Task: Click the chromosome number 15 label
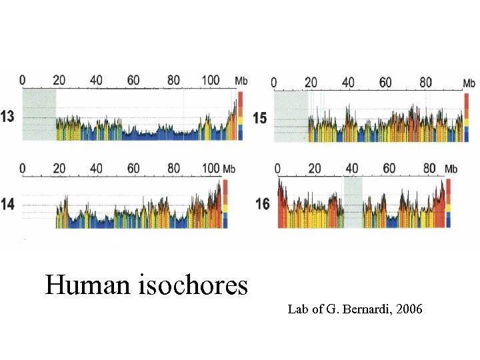pyautogui.click(x=260, y=118)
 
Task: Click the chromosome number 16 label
pyautogui.click(x=263, y=203)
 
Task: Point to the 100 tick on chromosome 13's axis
pyautogui.click(x=210, y=80)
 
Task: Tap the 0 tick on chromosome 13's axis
pyautogui.click(x=23, y=80)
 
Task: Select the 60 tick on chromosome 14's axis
pyautogui.click(x=134, y=168)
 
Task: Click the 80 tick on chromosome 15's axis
pyautogui.click(x=425, y=83)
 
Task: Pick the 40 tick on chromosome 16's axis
pyautogui.click(x=351, y=168)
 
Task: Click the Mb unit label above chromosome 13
pyautogui.click(x=241, y=81)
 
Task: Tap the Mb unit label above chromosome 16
pyautogui.click(x=451, y=169)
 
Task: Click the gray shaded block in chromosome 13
pyautogui.click(x=39, y=115)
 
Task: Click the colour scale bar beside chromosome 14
pyautogui.click(x=225, y=203)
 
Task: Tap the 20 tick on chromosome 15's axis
pyautogui.click(x=311, y=83)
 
